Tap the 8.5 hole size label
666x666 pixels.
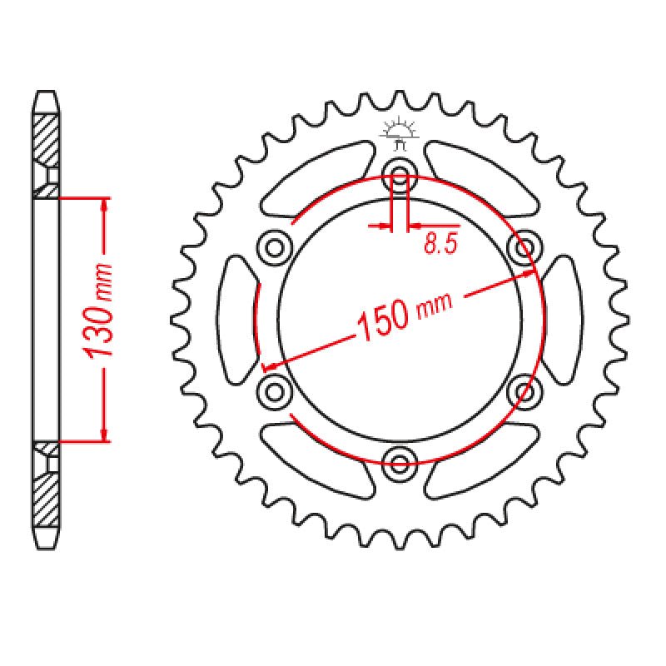pyautogui.click(x=440, y=243)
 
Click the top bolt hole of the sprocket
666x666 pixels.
pyautogui.click(x=400, y=176)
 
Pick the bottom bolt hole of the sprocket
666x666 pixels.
pyautogui.click(x=400, y=461)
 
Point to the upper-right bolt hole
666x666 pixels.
pyautogui.click(x=525, y=246)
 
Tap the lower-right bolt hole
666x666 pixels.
pyautogui.click(x=525, y=390)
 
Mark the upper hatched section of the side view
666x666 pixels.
pyautogui.click(x=47, y=137)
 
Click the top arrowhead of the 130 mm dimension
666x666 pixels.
pyautogui.click(x=103, y=205)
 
